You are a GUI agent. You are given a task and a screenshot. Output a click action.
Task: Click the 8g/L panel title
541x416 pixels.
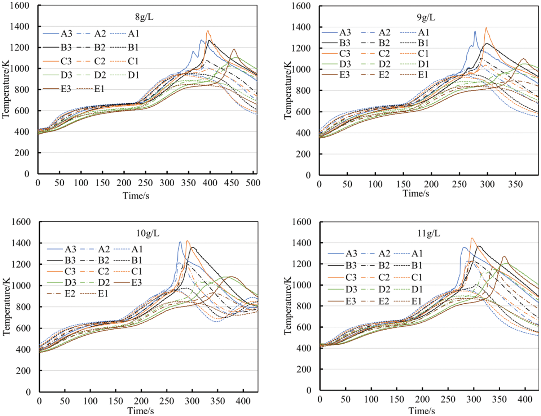click(144, 17)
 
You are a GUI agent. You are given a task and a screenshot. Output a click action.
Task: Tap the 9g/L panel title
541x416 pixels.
click(426, 17)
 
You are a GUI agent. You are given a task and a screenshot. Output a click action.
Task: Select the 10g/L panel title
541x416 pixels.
click(148, 233)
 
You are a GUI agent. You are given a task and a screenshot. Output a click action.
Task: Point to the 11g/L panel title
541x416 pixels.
click(428, 233)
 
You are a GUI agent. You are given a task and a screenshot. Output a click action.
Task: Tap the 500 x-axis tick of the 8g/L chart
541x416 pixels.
click(253, 183)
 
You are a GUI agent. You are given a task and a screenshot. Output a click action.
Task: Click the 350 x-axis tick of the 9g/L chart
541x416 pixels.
click(515, 184)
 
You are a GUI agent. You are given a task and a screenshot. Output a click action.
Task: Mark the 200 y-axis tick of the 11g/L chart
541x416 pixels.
click(304, 369)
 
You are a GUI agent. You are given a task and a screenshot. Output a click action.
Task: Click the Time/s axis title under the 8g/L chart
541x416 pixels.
click(136, 196)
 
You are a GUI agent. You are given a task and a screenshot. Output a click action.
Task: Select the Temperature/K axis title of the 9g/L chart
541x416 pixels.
click(287, 90)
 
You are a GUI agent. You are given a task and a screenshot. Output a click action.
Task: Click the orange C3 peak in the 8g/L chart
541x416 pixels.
click(208, 31)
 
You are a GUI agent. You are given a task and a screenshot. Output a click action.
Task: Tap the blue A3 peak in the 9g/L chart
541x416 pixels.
click(475, 31)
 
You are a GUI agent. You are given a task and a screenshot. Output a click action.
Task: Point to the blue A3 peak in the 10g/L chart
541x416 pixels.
click(180, 242)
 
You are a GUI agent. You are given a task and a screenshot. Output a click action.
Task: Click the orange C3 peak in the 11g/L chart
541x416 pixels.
click(472, 238)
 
